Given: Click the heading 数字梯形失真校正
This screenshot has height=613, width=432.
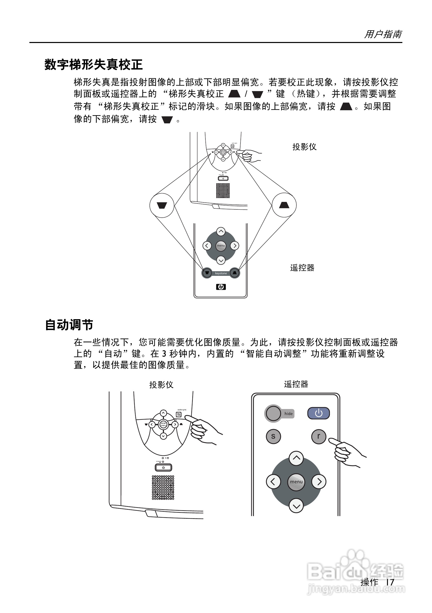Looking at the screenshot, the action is [94, 65].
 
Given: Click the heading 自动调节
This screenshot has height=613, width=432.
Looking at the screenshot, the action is [69, 325].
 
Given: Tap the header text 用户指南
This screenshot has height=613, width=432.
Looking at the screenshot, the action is [383, 34].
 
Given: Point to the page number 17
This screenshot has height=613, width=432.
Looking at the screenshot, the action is [390, 582].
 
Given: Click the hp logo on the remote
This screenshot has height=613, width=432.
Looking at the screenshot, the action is [221, 287].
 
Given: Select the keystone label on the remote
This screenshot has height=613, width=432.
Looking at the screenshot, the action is [221, 273].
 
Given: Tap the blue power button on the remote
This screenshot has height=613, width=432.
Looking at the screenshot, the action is [318, 413].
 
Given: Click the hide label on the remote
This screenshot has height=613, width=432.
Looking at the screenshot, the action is [288, 414].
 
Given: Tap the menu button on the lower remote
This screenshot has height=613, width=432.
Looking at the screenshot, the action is [296, 482].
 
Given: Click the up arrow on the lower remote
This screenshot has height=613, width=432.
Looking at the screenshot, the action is [296, 458].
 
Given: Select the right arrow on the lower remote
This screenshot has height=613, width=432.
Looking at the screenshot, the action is [319, 482].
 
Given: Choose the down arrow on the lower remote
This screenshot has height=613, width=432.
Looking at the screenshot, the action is [296, 505].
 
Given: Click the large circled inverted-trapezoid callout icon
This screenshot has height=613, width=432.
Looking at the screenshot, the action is [162, 205].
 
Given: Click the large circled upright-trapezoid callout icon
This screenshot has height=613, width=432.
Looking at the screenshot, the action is [284, 205].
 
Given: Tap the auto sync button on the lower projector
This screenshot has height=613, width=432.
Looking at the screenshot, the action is [179, 414].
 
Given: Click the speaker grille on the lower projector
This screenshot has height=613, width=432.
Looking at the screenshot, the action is [163, 487].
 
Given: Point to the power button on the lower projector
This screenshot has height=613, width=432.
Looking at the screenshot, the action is [163, 467].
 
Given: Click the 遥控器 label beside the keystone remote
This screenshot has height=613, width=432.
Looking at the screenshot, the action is [302, 268].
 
